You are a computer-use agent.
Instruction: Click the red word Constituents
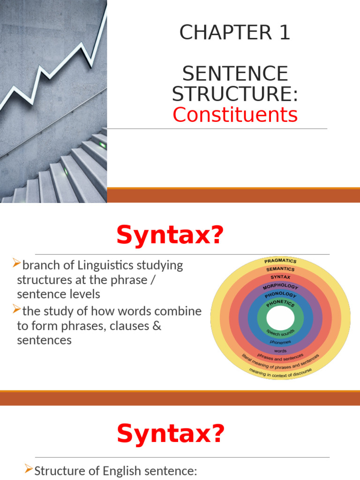pyautogui.click(x=235, y=114)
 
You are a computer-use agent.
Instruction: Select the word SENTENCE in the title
pyautogui.click(x=235, y=74)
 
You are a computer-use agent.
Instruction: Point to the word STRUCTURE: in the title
pyautogui.click(x=235, y=94)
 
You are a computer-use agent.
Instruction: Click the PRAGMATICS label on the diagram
pyautogui.click(x=280, y=261)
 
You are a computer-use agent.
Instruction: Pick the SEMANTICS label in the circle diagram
pyautogui.click(x=280, y=269)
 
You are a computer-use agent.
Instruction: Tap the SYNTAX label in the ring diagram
pyautogui.click(x=280, y=277)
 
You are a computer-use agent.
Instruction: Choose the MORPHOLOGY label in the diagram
pyautogui.click(x=280, y=286)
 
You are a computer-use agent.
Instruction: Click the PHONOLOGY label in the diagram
pyautogui.click(x=280, y=295)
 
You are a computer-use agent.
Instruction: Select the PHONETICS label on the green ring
pyautogui.click(x=280, y=304)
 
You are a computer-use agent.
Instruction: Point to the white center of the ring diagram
pyautogui.click(x=280, y=319)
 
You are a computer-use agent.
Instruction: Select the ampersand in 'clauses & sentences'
pyautogui.click(x=156, y=326)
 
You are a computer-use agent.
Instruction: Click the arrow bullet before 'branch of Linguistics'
pyautogui.click(x=17, y=264)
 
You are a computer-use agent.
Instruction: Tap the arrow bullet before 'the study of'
pyautogui.click(x=17, y=309)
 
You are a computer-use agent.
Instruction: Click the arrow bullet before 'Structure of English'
pyautogui.click(x=29, y=469)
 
